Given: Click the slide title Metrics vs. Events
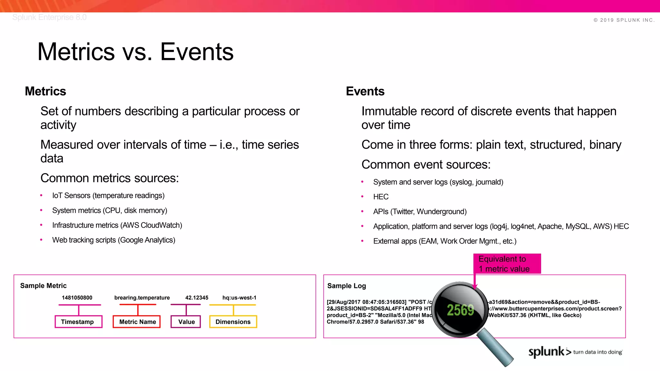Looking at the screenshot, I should tap(135, 52).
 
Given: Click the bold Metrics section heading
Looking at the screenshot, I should tap(45, 91).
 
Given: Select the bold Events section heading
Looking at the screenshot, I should tap(365, 91).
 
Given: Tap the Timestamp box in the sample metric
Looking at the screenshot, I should tap(78, 322).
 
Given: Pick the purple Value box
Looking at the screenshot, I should tap(186, 322).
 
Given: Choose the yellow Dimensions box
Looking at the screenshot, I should tap(233, 322).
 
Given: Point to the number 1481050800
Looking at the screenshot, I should tap(77, 298).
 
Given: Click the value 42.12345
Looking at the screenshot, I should tap(197, 298).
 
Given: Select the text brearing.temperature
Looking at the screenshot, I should tap(142, 298).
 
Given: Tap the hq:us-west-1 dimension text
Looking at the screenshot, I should tap(239, 298).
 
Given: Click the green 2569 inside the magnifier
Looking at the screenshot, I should tap(460, 310).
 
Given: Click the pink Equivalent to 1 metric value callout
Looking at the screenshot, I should tap(507, 264).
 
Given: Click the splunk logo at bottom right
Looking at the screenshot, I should tap(547, 352).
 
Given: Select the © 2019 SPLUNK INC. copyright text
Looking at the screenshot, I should tap(624, 20).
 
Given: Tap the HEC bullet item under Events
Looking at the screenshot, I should tap(381, 197).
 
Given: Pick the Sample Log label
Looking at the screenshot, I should tap(346, 286).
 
